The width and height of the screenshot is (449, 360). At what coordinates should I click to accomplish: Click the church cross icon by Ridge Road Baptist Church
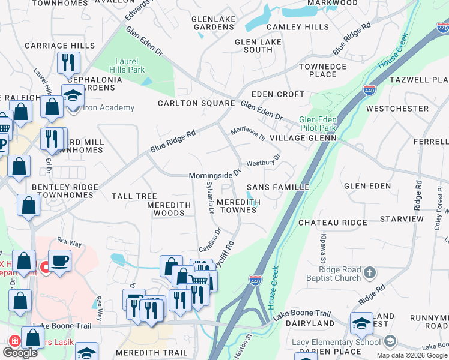(x=370, y=273)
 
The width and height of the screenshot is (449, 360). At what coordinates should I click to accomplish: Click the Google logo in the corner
(x=20, y=353)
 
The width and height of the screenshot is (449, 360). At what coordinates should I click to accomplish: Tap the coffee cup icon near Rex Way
(x=59, y=261)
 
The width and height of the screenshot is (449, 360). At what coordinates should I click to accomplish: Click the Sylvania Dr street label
(x=210, y=197)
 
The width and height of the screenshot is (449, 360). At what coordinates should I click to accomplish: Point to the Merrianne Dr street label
(x=248, y=134)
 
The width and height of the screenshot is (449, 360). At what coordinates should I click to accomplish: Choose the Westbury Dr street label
(x=264, y=162)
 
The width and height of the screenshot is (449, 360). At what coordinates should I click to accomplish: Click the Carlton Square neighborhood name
(x=196, y=103)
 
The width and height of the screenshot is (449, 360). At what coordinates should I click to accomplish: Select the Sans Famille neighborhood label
(x=278, y=187)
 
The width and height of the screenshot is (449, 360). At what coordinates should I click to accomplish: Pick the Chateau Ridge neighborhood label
(x=333, y=223)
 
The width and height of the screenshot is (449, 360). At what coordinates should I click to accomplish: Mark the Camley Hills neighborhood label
(x=298, y=27)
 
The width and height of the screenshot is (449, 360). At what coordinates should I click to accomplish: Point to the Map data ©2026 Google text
(x=412, y=355)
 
